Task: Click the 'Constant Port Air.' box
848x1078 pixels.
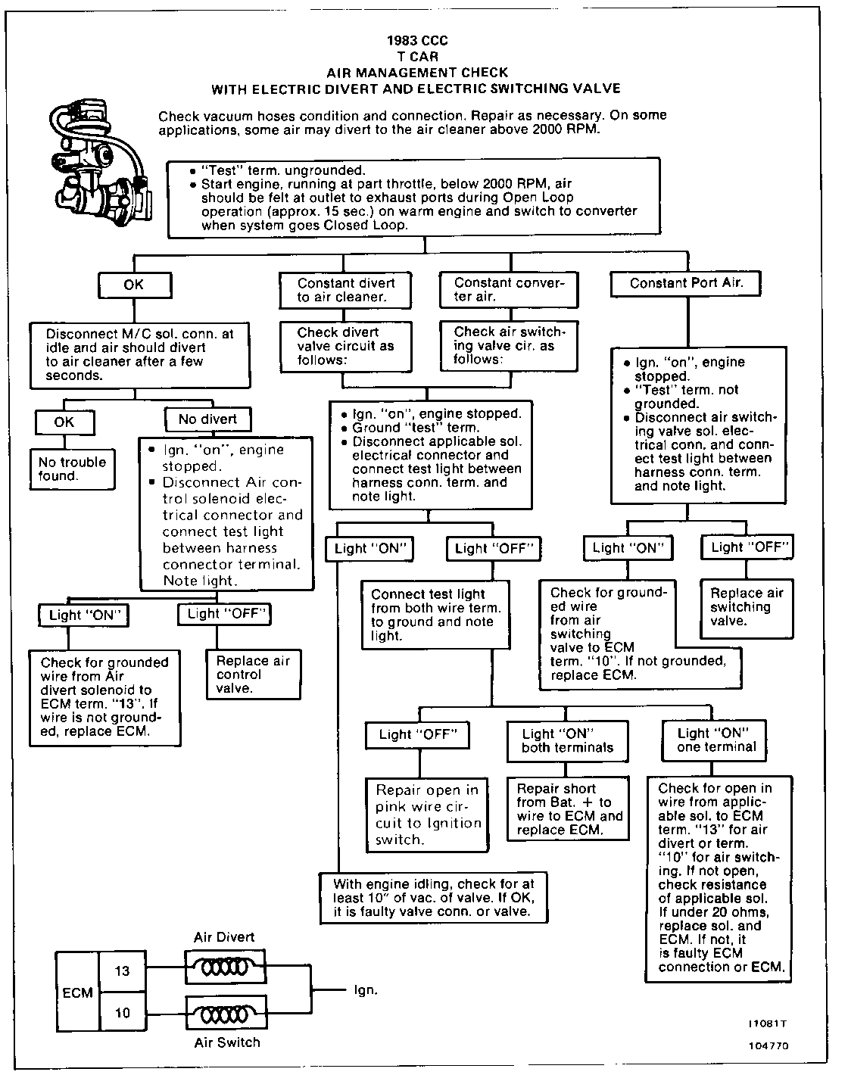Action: (x=686, y=284)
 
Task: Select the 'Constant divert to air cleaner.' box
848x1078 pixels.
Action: (x=346, y=290)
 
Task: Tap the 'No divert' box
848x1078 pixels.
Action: (x=208, y=419)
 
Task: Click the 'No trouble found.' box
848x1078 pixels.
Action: (x=73, y=469)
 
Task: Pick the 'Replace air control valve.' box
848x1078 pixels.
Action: (x=254, y=674)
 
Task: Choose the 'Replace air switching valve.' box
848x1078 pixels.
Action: (x=746, y=606)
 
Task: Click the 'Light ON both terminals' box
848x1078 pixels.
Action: (x=568, y=740)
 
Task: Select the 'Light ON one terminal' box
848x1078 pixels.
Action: (x=716, y=740)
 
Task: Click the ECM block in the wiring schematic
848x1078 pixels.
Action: (x=77, y=992)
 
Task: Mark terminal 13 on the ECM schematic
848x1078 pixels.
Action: (x=123, y=971)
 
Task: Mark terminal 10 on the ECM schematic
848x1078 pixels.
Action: (x=123, y=1013)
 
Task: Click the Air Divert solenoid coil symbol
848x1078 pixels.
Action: (x=226, y=968)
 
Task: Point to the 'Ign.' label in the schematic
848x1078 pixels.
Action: (x=366, y=990)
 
